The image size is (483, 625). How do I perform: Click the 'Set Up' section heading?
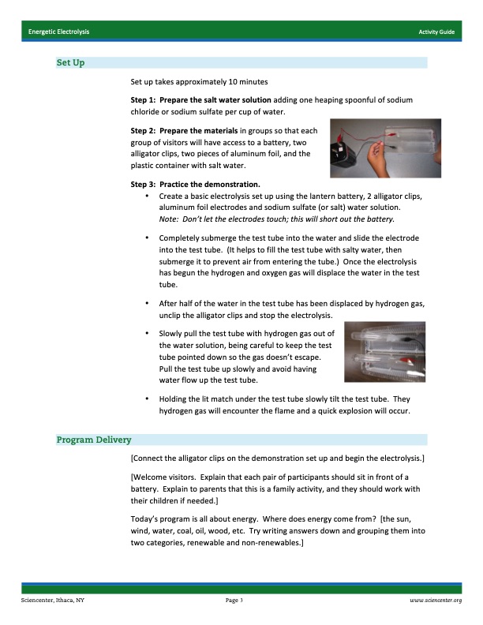70,62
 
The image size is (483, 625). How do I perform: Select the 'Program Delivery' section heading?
94,440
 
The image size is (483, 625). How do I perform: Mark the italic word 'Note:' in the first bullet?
169,219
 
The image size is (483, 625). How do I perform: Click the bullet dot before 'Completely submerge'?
148,238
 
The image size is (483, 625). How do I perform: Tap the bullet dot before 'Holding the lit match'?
148,399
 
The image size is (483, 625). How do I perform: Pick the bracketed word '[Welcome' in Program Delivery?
150,477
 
